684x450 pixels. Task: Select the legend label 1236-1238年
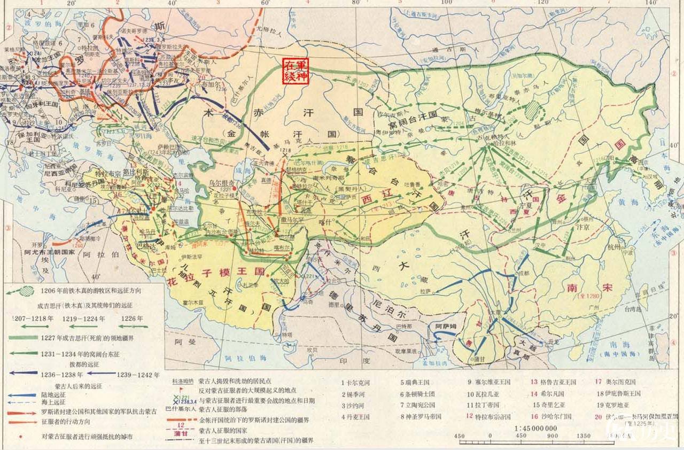(x=63, y=375)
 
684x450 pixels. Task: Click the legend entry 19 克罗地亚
(x=615, y=405)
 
